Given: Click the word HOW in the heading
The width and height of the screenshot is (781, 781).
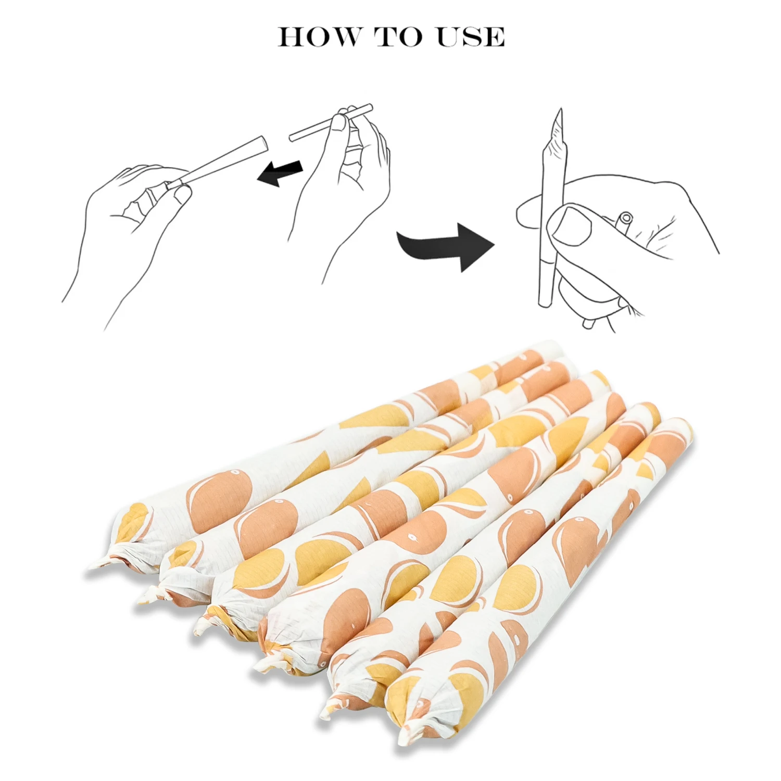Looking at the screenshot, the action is pos(319,37).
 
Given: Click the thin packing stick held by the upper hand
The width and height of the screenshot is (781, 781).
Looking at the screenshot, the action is pos(331,122).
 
